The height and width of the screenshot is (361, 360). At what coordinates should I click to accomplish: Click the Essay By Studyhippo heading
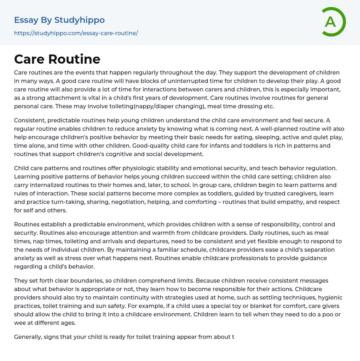(59, 20)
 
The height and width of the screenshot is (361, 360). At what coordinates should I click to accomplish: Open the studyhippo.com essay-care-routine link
(76, 33)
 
